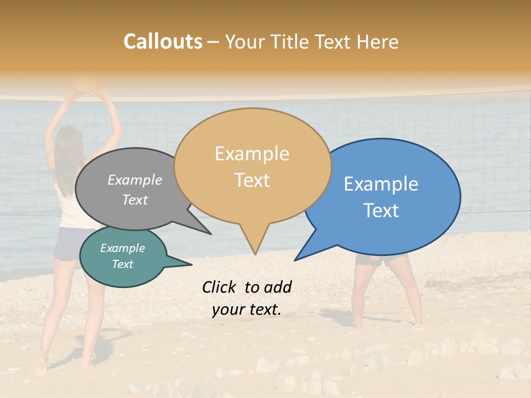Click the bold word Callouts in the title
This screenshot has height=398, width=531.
[163, 41]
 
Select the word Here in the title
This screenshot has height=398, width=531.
[378, 41]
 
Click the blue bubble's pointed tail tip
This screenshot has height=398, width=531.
[295, 260]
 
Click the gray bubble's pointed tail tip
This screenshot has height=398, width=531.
[211, 234]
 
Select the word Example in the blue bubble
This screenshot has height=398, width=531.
[381, 184]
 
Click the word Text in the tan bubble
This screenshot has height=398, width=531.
[252, 180]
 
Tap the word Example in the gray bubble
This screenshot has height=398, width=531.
[135, 180]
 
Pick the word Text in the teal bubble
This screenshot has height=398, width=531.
[122, 264]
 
